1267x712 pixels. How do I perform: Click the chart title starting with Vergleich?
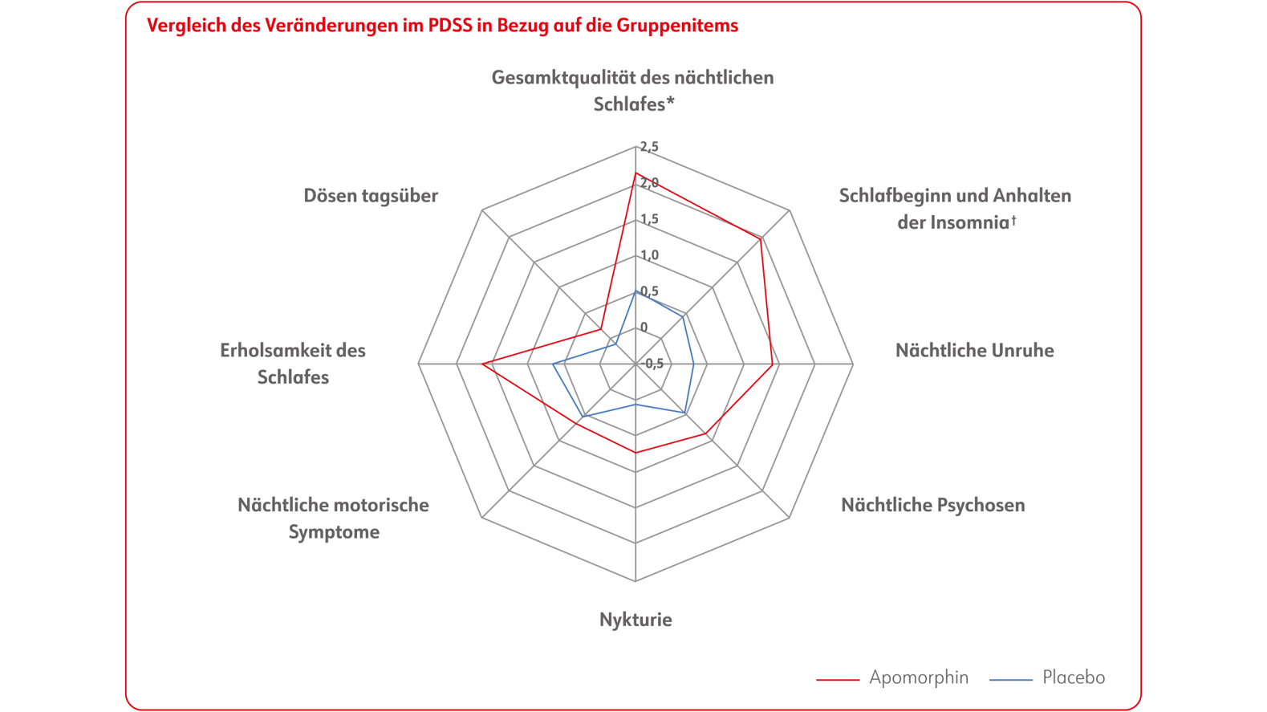(x=442, y=26)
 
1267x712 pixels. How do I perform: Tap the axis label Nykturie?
(x=636, y=620)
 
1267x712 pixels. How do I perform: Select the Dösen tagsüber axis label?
(x=371, y=196)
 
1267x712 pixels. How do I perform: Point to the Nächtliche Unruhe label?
(x=974, y=351)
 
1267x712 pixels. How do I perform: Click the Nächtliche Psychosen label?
(x=932, y=505)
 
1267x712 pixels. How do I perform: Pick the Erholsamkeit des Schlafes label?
(x=293, y=364)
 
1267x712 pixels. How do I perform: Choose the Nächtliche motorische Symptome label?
(x=333, y=518)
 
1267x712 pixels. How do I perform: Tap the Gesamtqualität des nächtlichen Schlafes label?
(x=633, y=91)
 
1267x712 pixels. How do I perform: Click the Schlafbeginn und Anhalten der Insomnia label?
(x=955, y=209)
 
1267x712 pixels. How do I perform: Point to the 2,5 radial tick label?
(x=649, y=147)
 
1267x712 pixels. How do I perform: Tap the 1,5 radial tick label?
(x=649, y=219)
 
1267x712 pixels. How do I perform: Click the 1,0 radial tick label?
(x=649, y=255)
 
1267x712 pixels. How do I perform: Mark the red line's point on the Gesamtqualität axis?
(x=636, y=173)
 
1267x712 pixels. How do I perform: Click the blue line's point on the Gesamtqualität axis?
(x=636, y=291)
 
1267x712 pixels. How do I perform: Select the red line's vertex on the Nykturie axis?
(x=636, y=453)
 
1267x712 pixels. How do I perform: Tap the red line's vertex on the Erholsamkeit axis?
(x=482, y=364)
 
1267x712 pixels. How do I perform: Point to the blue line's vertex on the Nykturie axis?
(x=636, y=405)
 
